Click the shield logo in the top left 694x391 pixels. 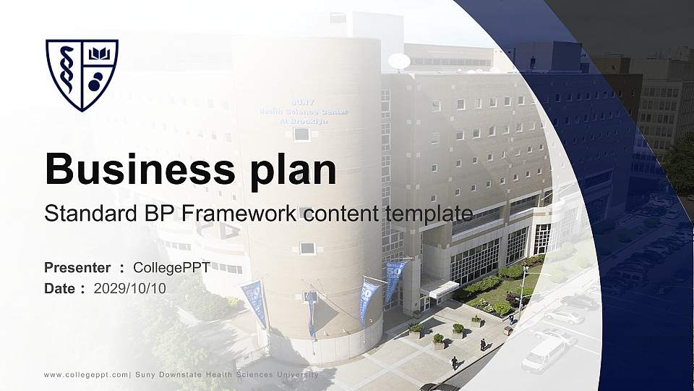82,74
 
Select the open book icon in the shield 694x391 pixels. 98,55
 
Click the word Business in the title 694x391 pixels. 134,169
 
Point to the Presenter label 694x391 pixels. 77,268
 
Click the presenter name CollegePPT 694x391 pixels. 171,268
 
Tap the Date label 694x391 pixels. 60,288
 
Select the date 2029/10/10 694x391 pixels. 130,288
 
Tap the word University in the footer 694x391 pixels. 298,374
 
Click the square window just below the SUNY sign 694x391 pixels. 301,133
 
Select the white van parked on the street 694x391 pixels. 544,354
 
